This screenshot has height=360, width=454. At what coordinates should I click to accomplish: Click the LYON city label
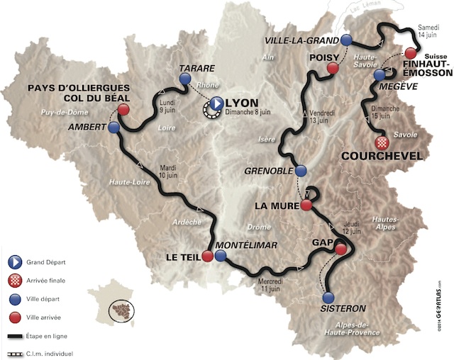click(x=243, y=101)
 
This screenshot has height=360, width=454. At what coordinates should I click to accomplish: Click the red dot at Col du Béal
click(x=124, y=110)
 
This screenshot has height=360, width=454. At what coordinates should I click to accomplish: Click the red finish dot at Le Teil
click(x=207, y=256)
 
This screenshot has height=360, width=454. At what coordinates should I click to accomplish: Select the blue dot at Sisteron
click(x=328, y=298)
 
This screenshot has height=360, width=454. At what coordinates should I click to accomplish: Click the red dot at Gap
click(x=341, y=249)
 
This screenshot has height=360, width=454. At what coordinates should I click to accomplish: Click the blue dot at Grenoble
click(x=301, y=171)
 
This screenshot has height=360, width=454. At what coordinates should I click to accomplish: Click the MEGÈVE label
click(x=406, y=86)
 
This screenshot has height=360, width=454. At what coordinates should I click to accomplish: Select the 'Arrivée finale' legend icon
click(x=13, y=280)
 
